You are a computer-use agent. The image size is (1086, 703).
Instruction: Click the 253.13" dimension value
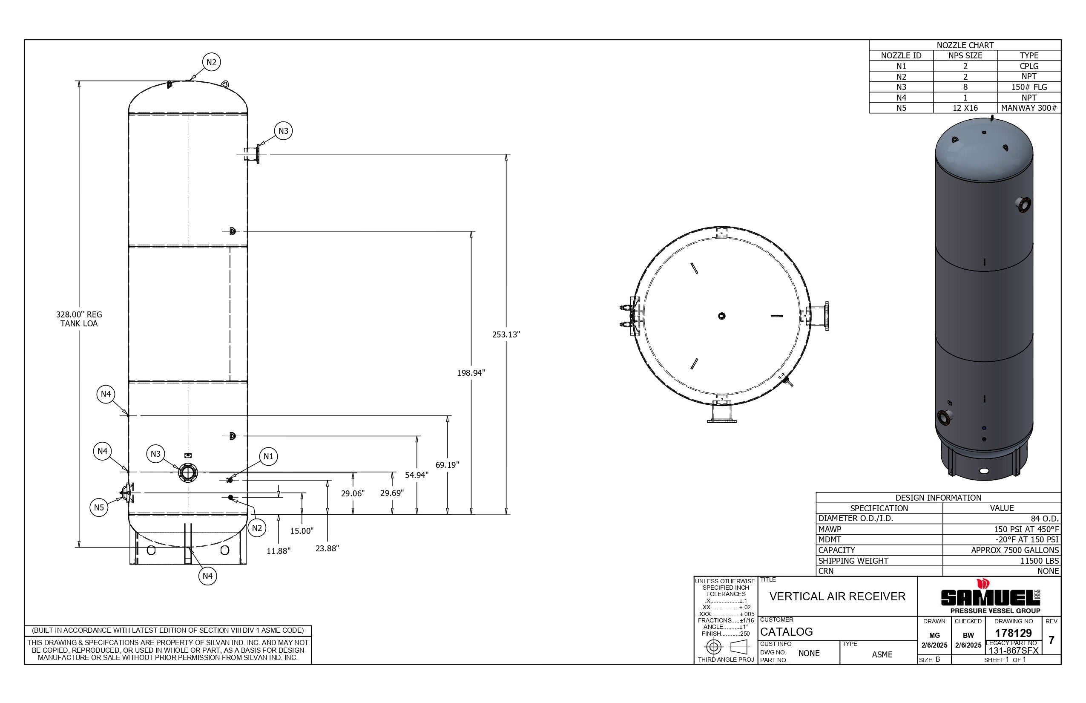(506, 334)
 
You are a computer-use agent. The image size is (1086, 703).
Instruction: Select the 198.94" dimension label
(471, 373)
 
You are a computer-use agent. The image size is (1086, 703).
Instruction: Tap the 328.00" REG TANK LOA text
(79, 319)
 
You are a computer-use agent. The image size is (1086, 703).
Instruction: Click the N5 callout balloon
(99, 507)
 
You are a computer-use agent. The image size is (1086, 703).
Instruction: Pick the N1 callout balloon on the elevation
(268, 456)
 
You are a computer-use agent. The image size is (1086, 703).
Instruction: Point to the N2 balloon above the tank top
(211, 63)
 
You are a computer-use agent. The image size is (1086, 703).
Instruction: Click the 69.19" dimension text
(447, 465)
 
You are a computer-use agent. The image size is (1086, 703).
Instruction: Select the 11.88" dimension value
(279, 551)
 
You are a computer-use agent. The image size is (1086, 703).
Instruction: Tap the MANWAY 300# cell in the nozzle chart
(1029, 108)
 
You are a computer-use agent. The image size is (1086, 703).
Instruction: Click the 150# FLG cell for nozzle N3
(1029, 87)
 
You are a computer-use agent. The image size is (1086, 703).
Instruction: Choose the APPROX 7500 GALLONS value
(1014, 550)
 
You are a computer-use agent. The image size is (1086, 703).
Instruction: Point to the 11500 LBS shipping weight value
(1040, 561)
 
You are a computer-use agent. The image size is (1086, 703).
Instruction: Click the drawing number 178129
(1013, 633)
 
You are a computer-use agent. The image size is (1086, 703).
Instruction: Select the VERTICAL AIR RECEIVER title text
(837, 596)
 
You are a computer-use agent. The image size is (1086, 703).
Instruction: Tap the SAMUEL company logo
(990, 597)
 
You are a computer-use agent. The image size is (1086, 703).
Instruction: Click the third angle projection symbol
(726, 647)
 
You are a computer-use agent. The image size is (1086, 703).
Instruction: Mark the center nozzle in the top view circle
(721, 316)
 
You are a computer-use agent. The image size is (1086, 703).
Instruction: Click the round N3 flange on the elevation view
(188, 473)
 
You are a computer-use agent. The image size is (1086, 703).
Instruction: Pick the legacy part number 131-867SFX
(1013, 651)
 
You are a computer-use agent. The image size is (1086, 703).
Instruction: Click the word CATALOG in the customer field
(787, 632)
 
